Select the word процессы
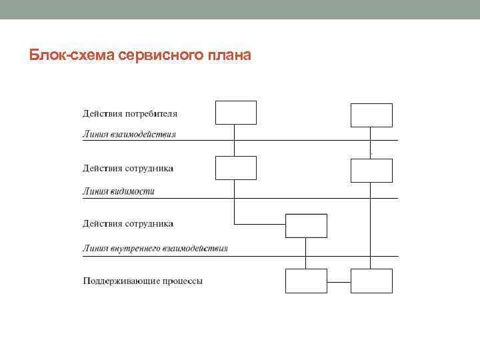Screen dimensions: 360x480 point(181,281)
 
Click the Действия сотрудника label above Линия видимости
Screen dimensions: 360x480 point(128,169)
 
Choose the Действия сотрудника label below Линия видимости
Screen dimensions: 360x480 point(128,224)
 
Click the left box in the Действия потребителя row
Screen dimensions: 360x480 point(236,113)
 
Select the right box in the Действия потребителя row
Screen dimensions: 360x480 point(371,115)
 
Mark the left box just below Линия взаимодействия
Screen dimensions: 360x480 point(236,168)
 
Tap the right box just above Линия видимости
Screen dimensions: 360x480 point(371,170)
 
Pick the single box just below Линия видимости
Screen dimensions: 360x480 point(306,225)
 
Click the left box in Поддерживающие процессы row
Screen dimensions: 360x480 point(306,281)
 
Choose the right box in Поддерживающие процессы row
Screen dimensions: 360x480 point(371,281)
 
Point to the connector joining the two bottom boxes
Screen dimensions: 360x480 point(339,281)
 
